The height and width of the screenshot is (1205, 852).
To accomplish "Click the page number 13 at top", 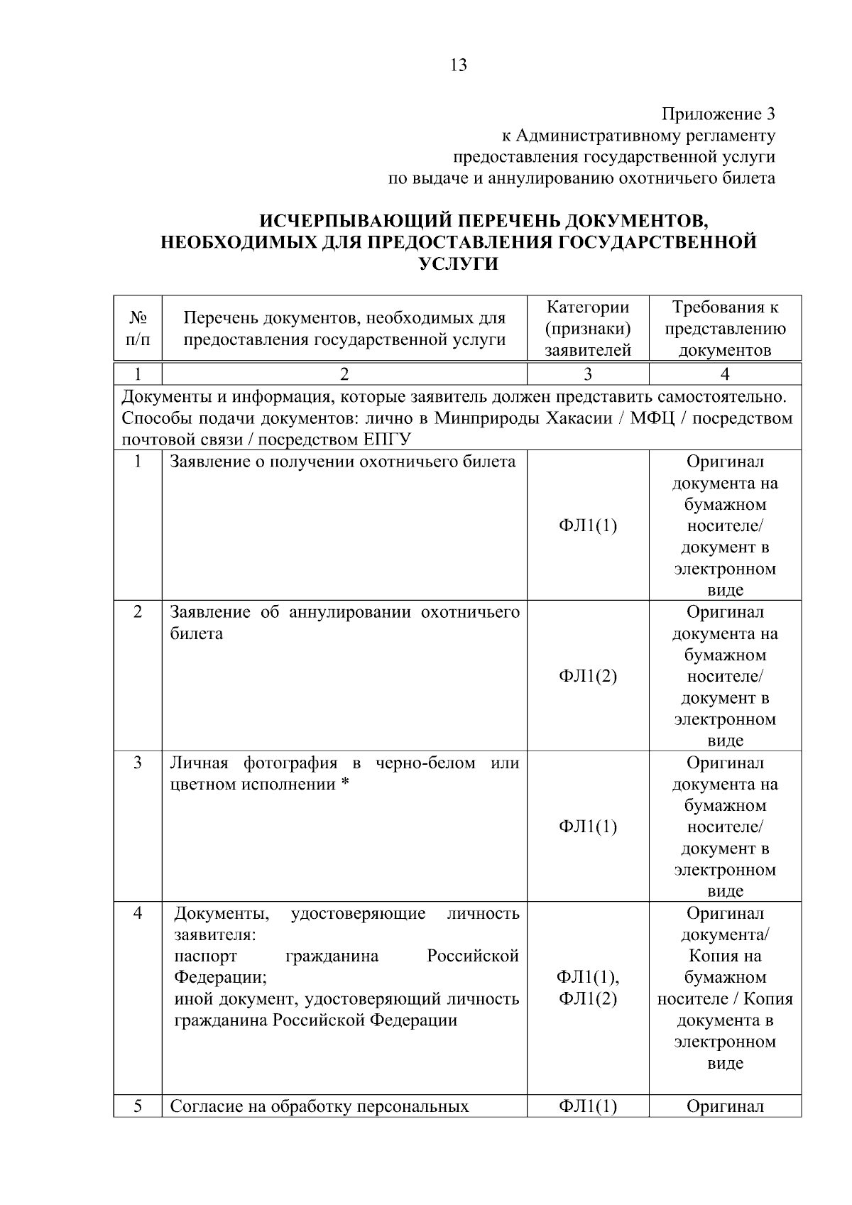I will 459,65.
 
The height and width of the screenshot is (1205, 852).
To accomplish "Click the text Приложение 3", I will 718,114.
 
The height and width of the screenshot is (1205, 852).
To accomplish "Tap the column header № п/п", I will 138,329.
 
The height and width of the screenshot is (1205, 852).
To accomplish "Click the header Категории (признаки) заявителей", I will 587,329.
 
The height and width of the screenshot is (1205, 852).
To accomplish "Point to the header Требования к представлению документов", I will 724,329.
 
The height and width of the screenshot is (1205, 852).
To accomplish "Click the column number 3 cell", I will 587,374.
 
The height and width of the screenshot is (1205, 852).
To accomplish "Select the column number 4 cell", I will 724,374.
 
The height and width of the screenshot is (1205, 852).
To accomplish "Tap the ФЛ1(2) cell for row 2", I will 587,676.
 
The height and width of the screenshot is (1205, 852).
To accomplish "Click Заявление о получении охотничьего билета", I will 343,462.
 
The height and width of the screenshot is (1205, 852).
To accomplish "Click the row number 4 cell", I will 138,913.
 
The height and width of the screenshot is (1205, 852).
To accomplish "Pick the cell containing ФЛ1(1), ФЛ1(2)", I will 587,988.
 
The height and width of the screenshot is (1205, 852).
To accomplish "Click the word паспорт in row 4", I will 206,956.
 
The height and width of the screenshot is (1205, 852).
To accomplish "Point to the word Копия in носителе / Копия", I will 770,999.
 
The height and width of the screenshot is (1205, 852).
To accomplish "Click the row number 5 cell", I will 138,1106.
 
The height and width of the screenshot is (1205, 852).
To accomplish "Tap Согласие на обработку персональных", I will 319,1106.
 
